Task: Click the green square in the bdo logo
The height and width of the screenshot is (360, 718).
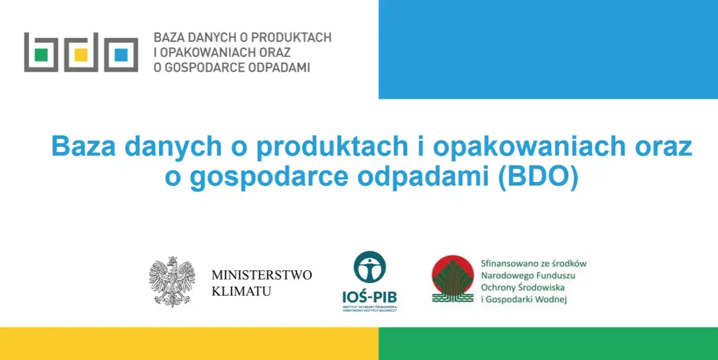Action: [x=41, y=55]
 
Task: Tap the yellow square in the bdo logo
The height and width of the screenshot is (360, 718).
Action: [x=81, y=55]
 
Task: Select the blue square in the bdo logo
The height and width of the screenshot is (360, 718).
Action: [x=121, y=55]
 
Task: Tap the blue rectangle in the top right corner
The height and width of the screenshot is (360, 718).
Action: [x=548, y=49]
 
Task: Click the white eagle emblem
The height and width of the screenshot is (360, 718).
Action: [x=172, y=281]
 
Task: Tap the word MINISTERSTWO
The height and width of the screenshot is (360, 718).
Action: [x=261, y=275]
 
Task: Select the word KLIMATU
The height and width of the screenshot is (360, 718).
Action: [x=241, y=291]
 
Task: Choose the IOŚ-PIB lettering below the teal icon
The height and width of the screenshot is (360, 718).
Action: [x=370, y=296]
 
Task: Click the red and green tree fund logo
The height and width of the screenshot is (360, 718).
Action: [x=452, y=279]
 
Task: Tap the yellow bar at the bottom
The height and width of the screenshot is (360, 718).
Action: [x=189, y=344]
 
